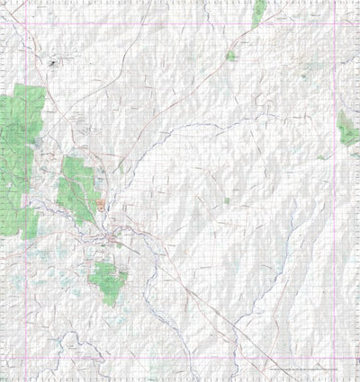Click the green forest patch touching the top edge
click(x=259, y=11)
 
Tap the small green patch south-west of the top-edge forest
click(x=231, y=56)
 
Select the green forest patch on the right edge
click(x=347, y=129)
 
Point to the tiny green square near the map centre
click(x=227, y=200)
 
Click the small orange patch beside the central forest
click(x=102, y=204)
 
